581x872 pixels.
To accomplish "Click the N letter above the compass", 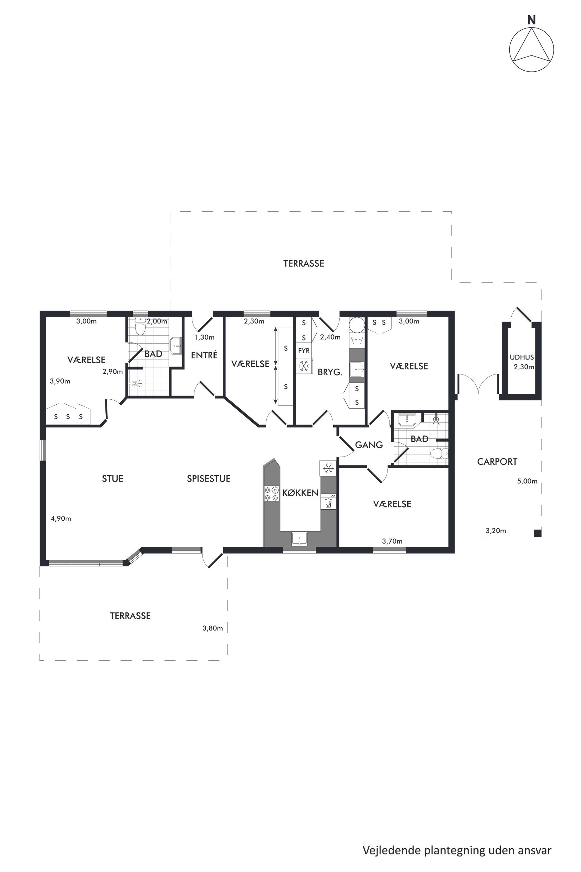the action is click(x=531, y=21).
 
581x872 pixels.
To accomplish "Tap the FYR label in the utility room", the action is click(x=304, y=350).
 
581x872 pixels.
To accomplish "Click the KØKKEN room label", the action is click(x=300, y=493).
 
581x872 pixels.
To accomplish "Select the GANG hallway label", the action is click(x=369, y=444).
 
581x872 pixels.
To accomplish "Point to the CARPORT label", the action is click(x=497, y=461).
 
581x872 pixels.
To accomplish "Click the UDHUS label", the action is click(x=522, y=357).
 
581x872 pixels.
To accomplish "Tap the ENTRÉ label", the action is click(x=204, y=355).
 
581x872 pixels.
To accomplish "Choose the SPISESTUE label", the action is click(x=209, y=479).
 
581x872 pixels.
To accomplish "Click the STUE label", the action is click(x=113, y=479).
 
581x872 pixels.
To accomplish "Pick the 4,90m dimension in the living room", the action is click(x=61, y=518).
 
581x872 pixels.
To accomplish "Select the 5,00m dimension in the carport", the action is click(x=527, y=481).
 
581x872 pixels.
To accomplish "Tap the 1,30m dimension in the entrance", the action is click(x=204, y=337).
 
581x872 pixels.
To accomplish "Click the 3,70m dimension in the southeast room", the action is click(x=392, y=541).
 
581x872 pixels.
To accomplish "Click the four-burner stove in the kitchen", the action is click(x=271, y=493).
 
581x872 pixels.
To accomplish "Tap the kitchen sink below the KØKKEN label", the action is click(x=299, y=539).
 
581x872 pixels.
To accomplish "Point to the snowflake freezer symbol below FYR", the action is click(x=304, y=366).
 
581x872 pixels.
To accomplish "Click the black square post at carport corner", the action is click(x=538, y=534).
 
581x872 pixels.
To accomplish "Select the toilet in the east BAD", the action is click(x=440, y=453).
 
